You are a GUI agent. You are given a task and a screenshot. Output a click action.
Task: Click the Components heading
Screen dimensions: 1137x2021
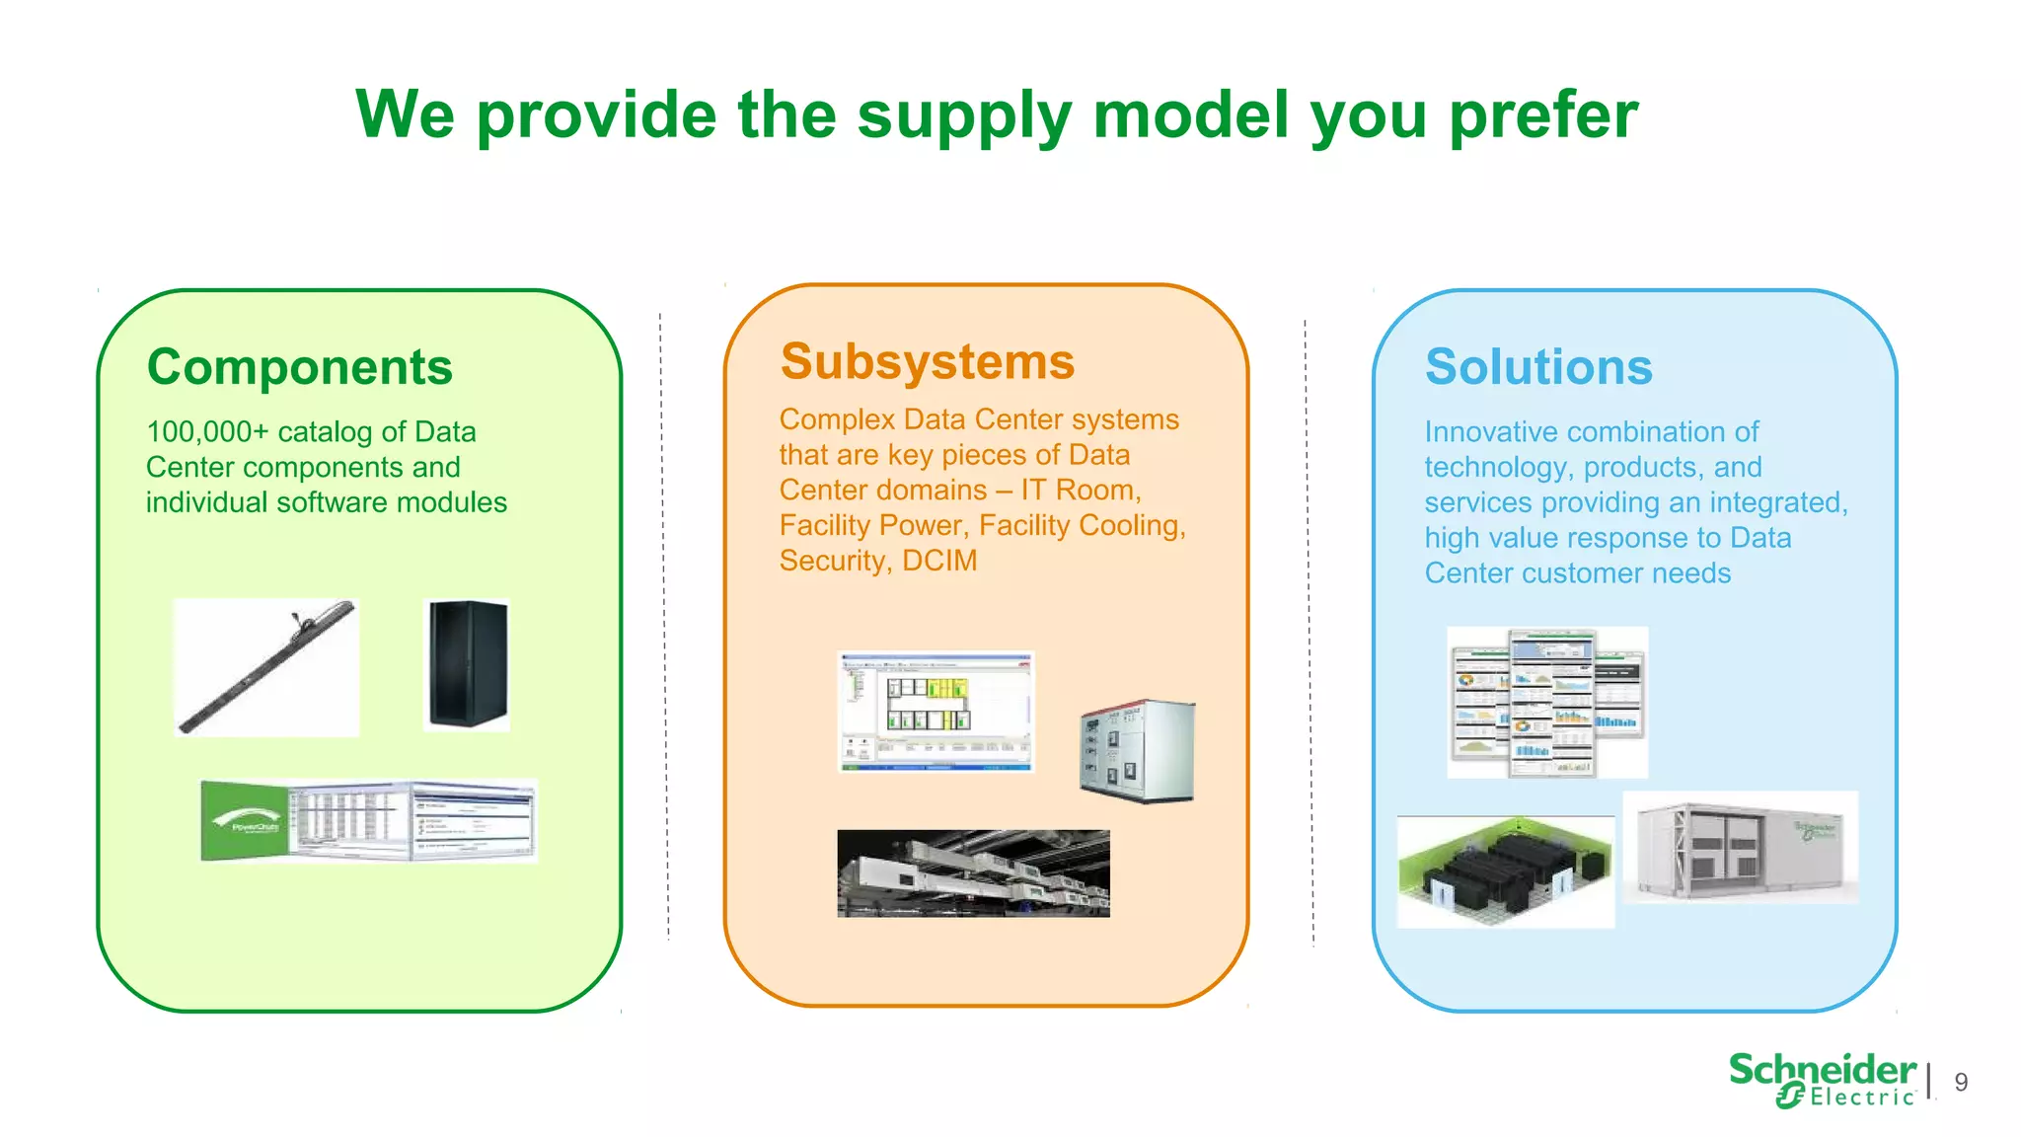click(x=299, y=367)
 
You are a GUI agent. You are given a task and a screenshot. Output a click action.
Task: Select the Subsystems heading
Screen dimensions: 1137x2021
click(x=927, y=361)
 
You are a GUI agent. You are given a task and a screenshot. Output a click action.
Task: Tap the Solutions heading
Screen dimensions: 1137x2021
click(x=1538, y=367)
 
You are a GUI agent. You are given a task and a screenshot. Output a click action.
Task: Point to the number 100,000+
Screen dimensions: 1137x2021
click(x=207, y=432)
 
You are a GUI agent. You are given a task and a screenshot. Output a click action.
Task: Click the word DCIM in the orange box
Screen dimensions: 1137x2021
click(x=939, y=561)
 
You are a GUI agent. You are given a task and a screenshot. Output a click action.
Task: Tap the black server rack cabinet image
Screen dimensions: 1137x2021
click(x=467, y=664)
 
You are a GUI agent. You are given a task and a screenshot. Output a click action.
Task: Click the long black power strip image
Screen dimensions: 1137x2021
click(x=266, y=667)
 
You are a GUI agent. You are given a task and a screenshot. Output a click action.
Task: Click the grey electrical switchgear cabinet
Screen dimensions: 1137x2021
click(x=1137, y=751)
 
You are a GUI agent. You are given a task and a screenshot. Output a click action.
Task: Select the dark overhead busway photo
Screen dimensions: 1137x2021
click(x=973, y=873)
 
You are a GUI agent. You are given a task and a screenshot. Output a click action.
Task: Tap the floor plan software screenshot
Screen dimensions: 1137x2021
click(x=935, y=711)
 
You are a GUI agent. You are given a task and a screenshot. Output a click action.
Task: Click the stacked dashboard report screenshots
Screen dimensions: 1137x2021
click(x=1546, y=703)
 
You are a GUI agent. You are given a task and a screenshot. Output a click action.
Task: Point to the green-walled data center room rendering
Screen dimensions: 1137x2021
click(x=1505, y=872)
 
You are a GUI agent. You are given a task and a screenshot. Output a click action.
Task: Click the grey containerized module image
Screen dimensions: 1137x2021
click(x=1740, y=848)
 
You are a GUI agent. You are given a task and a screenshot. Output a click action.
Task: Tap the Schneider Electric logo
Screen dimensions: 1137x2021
click(x=1822, y=1080)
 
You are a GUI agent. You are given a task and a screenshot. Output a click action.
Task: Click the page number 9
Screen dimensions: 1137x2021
click(x=1961, y=1083)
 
